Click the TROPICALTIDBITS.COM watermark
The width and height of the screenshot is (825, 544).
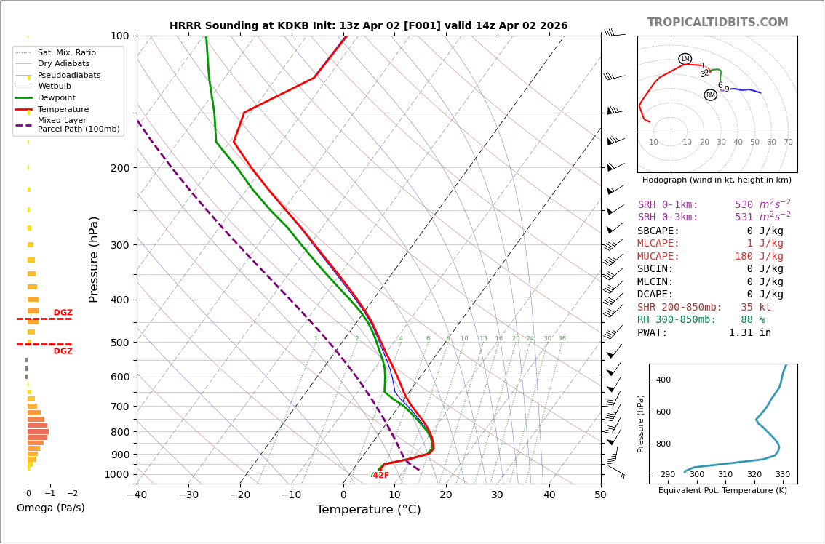pyautogui.click(x=717, y=23)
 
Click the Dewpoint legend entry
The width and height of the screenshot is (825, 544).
pyautogui.click(x=56, y=97)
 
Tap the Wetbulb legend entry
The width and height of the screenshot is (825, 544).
pyautogui.click(x=55, y=87)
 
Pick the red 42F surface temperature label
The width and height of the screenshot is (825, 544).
pyautogui.click(x=380, y=476)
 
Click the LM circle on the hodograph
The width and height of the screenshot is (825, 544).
pyautogui.click(x=685, y=59)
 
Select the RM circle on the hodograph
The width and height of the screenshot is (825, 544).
pyautogui.click(x=710, y=95)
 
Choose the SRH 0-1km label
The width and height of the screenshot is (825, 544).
pyautogui.click(x=668, y=205)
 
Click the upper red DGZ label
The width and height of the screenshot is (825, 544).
pyautogui.click(x=63, y=313)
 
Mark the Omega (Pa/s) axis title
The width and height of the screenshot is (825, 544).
pyautogui.click(x=50, y=508)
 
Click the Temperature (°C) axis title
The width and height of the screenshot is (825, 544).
pyautogui.click(x=368, y=510)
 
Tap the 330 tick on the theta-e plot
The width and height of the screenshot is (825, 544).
pyautogui.click(x=782, y=474)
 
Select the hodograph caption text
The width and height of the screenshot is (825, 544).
pyautogui.click(x=717, y=180)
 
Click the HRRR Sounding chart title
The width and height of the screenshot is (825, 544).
pyautogui.click(x=368, y=26)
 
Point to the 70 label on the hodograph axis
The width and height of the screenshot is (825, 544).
pyautogui.click(x=788, y=143)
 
